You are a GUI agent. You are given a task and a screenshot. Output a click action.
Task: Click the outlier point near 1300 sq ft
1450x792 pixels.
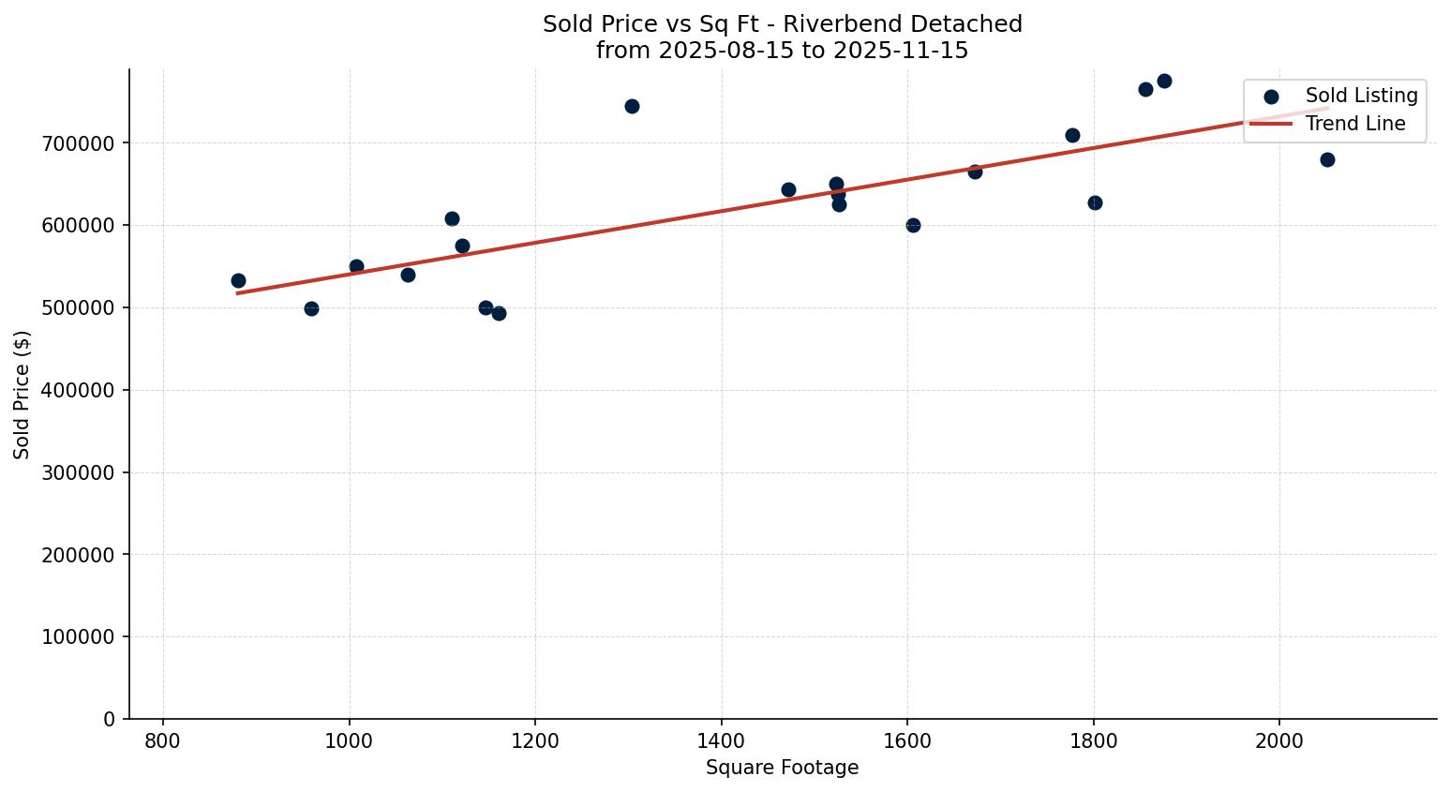[x=632, y=106]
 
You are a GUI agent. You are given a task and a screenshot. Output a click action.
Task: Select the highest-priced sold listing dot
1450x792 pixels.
[x=1164, y=81]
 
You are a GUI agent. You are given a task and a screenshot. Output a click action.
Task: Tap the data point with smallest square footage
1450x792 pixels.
[x=238, y=280]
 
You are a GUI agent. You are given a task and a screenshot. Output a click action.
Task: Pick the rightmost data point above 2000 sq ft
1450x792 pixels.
[x=1327, y=159]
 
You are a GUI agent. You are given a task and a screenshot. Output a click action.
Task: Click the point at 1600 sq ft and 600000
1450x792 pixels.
[x=913, y=225]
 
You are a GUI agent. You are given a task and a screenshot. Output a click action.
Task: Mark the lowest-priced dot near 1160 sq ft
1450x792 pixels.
[x=499, y=313]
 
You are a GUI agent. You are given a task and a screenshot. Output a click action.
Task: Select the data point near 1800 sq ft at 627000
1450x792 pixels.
[x=1095, y=202]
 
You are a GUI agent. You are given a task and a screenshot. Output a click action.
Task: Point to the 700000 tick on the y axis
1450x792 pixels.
[x=84, y=143]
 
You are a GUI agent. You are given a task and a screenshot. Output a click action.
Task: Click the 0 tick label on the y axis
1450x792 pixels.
[x=110, y=719]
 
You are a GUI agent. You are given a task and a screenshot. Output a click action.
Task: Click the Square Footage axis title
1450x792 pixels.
[x=782, y=768]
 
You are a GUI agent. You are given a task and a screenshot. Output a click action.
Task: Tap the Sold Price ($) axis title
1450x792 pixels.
[x=22, y=394]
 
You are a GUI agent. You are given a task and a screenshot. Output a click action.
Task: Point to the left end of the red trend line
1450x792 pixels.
[x=238, y=293]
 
